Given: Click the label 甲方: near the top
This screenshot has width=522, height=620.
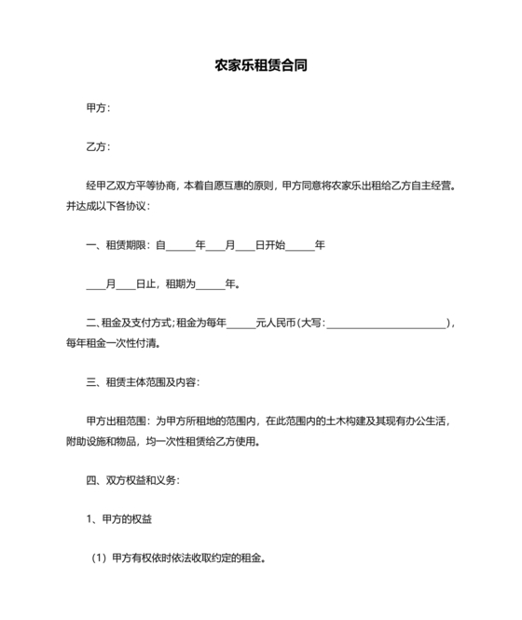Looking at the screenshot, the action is point(98,107).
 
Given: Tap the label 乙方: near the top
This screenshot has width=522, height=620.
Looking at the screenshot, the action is point(98,146).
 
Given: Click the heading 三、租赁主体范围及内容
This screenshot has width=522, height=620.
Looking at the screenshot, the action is point(142,381).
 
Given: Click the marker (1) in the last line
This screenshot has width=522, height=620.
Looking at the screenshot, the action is point(100,559).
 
